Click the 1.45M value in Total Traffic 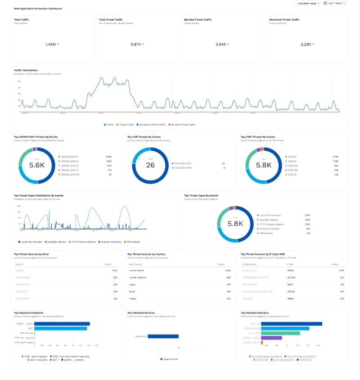[50, 44]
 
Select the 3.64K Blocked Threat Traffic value [220, 44]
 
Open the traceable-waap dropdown [308, 3]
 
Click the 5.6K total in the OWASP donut [37, 165]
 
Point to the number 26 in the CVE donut [151, 165]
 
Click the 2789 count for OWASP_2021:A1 [108, 157]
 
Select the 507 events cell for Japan [229, 284]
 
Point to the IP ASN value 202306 [291, 277]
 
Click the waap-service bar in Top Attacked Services [163, 336]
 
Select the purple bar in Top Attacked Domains [271, 338]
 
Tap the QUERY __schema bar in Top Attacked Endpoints [62, 323]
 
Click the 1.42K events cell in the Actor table [114, 271]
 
